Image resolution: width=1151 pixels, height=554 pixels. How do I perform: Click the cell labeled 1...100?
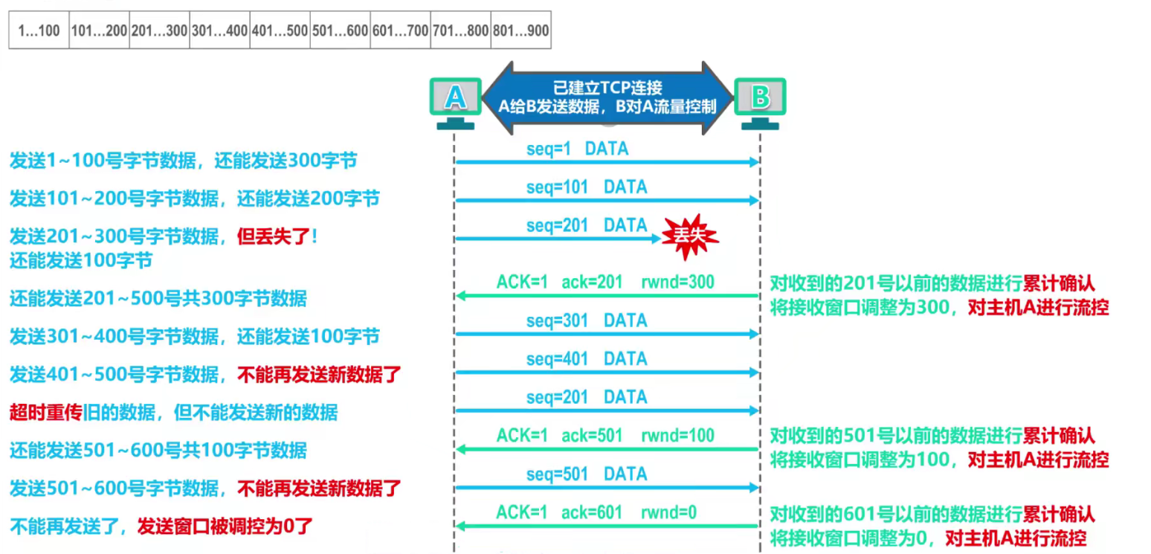point(39,30)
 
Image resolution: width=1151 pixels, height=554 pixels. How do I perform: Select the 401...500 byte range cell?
point(280,30)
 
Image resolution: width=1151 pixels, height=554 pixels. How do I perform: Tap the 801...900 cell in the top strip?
point(521,30)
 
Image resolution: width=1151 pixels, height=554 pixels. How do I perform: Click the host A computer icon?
point(456,103)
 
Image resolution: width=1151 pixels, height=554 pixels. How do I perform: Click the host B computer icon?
point(760,103)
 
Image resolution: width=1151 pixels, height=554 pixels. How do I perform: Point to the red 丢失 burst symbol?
point(689,236)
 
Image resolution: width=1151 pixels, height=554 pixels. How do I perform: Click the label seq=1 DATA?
point(577,149)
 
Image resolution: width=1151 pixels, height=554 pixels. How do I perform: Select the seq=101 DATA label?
point(587,187)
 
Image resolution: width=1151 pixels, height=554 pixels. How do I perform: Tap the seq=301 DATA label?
point(587,321)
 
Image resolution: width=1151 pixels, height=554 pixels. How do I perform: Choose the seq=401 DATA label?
point(587,358)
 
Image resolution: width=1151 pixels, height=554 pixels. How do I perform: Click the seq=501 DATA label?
point(587,474)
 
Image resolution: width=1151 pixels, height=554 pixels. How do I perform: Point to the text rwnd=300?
point(678,282)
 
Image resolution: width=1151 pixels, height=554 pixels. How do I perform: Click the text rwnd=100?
point(678,436)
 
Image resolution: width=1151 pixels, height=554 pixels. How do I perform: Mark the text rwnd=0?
point(668,512)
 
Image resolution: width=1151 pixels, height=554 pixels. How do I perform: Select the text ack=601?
point(591,512)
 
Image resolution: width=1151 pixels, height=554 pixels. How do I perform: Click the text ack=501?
point(591,436)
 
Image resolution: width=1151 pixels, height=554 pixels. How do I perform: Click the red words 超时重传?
point(46,412)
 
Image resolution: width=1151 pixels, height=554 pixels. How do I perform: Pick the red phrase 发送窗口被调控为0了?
point(225,526)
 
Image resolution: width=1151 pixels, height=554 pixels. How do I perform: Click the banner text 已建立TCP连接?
point(607,88)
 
